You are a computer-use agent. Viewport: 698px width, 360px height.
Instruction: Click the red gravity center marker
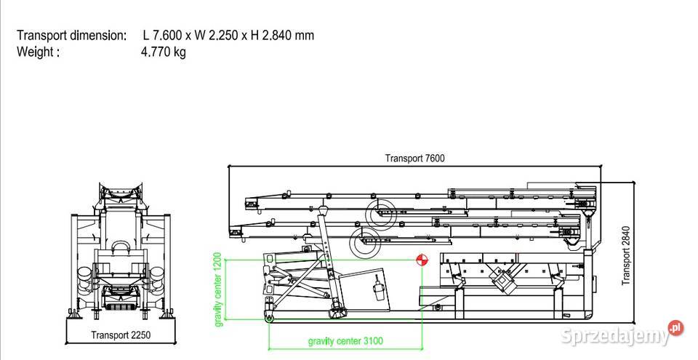tap(421, 260)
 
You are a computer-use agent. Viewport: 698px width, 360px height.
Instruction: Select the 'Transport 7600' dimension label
tap(414, 158)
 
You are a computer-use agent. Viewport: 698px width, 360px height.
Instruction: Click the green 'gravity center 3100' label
tap(345, 340)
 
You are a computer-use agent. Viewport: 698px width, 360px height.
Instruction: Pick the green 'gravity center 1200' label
tap(217, 289)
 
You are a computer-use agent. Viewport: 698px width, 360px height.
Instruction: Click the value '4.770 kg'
tap(164, 52)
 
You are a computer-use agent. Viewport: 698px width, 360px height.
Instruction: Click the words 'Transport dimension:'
tap(71, 35)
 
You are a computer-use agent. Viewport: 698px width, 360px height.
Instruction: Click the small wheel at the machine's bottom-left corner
tap(270, 317)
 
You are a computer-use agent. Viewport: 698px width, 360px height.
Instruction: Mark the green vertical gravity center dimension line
tap(226, 289)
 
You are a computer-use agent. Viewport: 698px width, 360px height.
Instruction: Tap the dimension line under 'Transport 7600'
tap(414, 167)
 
